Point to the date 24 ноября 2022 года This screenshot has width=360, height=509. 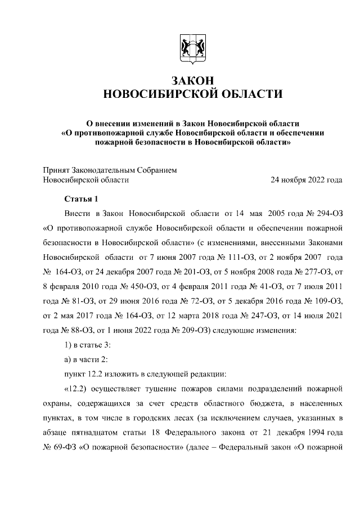pyautogui.click(x=307, y=180)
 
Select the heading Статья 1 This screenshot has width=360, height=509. pyautogui.click(x=82, y=199)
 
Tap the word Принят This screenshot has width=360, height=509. pyautogui.click(x=57, y=169)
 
